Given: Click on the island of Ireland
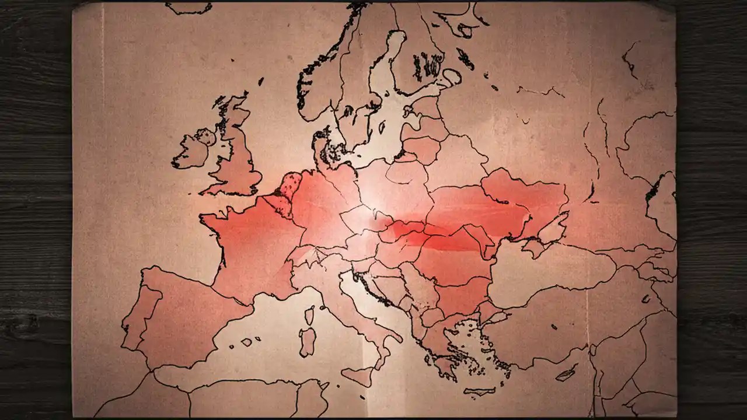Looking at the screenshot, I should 193,150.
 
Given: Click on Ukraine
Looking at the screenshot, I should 502,204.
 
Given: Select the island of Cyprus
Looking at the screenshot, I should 566,373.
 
